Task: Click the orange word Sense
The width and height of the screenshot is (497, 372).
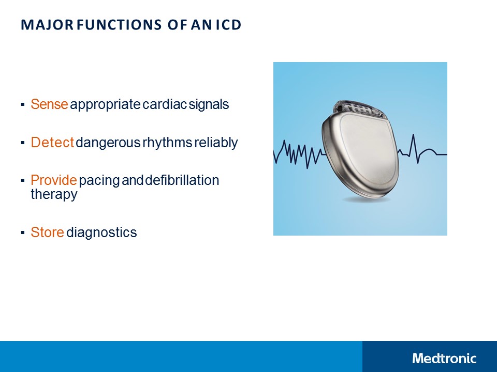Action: (x=49, y=104)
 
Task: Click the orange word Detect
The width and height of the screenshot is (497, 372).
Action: (x=52, y=143)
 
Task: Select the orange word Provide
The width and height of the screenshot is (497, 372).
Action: (x=54, y=180)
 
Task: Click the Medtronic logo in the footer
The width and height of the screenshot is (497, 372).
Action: (x=444, y=358)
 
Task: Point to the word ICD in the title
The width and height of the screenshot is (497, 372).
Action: (x=227, y=25)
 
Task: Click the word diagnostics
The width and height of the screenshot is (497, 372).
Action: (x=101, y=233)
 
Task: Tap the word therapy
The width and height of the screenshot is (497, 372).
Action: (x=54, y=194)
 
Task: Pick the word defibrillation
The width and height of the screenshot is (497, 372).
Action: (x=182, y=180)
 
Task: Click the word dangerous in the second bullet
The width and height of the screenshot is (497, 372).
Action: (x=108, y=143)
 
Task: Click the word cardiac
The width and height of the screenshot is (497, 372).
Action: (x=165, y=104)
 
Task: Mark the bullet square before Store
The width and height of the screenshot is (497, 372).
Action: (x=23, y=233)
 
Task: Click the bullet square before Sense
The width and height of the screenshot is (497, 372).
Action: (x=23, y=105)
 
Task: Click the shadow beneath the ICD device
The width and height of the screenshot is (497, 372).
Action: (x=366, y=199)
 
